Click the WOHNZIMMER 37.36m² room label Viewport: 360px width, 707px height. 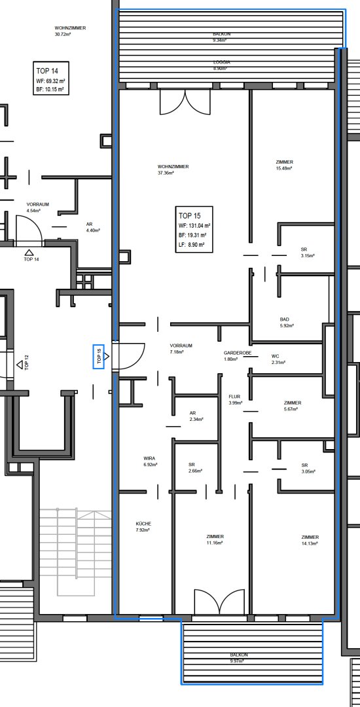tap(173, 170)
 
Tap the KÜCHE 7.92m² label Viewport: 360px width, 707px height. tap(144, 526)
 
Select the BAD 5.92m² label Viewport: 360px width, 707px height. tap(287, 322)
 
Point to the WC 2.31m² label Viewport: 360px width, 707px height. tap(278, 359)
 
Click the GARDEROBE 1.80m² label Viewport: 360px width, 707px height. tap(238, 355)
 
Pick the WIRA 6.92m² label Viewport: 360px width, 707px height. tap(150, 461)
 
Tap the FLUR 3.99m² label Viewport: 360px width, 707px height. tap(236, 399)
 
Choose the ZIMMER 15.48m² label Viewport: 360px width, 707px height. tap(284, 165)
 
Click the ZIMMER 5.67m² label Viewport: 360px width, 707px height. tap(293, 406)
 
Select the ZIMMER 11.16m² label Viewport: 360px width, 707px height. tap(215, 539)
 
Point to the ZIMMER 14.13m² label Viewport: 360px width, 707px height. tap(310, 540)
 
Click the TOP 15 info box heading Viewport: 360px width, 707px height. tap(189, 215)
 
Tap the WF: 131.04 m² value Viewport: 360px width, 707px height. tap(195, 225)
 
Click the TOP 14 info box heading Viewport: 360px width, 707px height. tap(47, 71)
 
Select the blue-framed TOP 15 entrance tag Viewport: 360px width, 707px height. tap(99, 357)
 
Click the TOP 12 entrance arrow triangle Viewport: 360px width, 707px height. tap(20, 365)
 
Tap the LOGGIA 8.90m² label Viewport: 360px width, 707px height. tap(222, 65)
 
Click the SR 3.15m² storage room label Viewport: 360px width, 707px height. tap(307, 253)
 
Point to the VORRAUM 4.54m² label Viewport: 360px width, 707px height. tap(37, 207)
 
